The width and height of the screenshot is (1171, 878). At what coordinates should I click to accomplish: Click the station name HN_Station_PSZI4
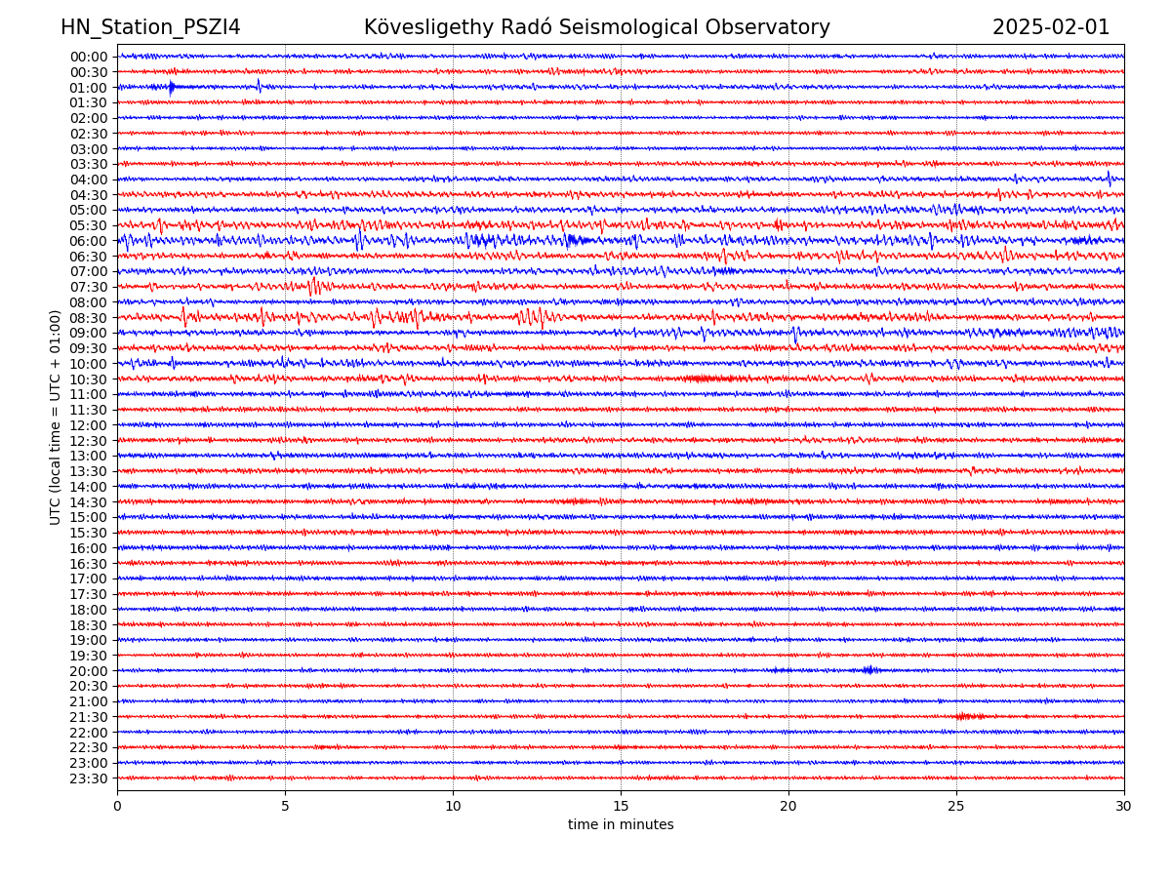(x=150, y=28)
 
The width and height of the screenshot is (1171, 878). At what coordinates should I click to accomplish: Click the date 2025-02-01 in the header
(x=1051, y=28)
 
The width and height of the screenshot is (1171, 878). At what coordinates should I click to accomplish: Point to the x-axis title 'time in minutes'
(x=621, y=825)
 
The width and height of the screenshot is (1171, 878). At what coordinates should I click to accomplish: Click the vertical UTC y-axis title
(x=56, y=417)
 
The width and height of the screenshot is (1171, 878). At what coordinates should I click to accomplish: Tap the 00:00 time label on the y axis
(x=89, y=57)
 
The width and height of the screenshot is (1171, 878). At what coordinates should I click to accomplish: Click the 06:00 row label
(x=89, y=241)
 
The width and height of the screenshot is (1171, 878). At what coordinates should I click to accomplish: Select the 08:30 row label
(x=89, y=318)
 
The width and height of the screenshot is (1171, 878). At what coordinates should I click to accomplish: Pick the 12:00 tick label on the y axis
(x=89, y=425)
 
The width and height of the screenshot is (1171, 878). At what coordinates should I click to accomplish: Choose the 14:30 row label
(x=89, y=502)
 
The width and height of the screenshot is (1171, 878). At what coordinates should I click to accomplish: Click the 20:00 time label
(x=89, y=671)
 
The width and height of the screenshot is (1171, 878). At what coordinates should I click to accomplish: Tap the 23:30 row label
(x=89, y=778)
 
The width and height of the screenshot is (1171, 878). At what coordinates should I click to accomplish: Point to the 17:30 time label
(x=89, y=594)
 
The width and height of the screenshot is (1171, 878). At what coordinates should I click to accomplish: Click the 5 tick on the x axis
(x=285, y=806)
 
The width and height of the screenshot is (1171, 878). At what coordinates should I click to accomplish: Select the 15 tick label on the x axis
(x=621, y=806)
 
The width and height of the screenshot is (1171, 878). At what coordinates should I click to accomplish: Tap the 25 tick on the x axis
(x=956, y=806)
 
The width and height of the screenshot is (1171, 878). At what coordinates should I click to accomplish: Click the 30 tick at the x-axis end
(x=1124, y=806)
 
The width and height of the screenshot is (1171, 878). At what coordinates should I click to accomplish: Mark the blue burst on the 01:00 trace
(x=172, y=88)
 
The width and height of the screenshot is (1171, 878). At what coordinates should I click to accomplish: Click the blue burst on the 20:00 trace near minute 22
(x=868, y=669)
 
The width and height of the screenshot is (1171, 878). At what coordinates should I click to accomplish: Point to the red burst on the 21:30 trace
(x=968, y=716)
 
